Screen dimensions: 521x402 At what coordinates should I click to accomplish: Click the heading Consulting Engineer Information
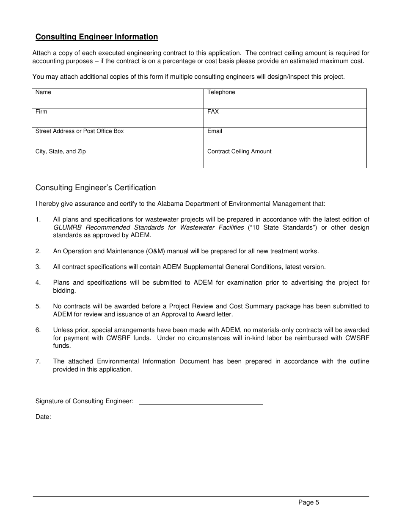[96, 37]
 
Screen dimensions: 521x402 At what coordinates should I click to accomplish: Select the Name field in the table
[118, 99]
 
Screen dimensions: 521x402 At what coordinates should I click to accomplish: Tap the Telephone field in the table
[285, 99]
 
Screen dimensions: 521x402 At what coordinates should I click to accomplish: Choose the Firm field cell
[118, 118]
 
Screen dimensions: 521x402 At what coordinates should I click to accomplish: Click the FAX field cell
[285, 118]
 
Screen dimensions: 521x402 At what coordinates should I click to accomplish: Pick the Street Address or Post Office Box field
[118, 138]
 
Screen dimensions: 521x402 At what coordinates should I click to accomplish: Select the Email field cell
[285, 138]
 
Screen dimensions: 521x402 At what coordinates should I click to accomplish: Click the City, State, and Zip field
[118, 158]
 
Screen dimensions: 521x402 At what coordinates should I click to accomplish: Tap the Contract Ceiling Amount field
[285, 158]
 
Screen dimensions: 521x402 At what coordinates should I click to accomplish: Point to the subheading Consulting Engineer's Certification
[96, 188]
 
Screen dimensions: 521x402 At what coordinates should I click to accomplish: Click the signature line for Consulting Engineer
[201, 401]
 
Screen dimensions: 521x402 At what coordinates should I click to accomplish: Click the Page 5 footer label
[308, 502]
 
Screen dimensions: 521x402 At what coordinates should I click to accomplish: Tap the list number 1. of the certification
[38, 219]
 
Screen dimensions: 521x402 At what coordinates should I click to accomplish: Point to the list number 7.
[38, 361]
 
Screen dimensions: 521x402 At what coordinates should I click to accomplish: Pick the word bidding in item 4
[64, 291]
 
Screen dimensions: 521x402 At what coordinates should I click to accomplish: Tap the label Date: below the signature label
[43, 417]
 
